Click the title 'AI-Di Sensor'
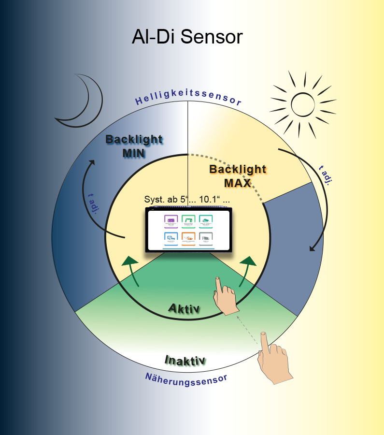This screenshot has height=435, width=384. (x=187, y=37)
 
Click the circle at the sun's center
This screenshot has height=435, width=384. (x=303, y=102)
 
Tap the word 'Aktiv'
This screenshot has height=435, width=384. (x=184, y=308)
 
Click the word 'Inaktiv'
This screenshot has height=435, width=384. (x=185, y=360)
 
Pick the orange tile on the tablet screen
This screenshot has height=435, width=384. (x=188, y=239)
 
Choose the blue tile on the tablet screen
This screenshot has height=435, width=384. (x=171, y=239)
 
